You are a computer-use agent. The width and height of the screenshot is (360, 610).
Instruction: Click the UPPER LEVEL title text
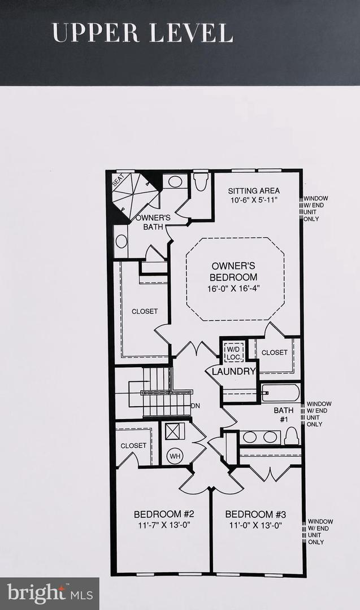(x=142, y=33)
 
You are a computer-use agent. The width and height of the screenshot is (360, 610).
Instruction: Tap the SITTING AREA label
(x=254, y=191)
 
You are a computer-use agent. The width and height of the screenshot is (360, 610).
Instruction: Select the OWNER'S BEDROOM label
(x=234, y=271)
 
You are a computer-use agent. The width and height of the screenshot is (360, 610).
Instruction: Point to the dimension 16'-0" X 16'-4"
(x=234, y=288)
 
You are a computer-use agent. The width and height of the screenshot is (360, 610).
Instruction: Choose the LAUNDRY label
(x=234, y=372)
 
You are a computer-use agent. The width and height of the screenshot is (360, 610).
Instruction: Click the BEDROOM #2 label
(x=164, y=515)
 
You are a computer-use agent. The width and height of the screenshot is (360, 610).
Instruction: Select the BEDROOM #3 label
(x=255, y=515)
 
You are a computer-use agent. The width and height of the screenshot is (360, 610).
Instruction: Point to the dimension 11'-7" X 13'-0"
(x=164, y=525)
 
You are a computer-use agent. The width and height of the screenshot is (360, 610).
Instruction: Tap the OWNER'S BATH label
(x=153, y=222)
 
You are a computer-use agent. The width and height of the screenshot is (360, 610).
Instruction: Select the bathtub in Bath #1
(x=280, y=393)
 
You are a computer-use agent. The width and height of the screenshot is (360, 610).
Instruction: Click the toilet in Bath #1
(x=291, y=435)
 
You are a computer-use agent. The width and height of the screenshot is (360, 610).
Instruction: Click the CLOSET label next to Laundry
(x=275, y=352)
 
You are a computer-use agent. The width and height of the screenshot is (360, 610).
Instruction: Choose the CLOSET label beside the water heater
(x=133, y=446)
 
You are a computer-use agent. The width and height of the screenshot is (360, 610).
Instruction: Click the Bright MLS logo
(x=49, y=594)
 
